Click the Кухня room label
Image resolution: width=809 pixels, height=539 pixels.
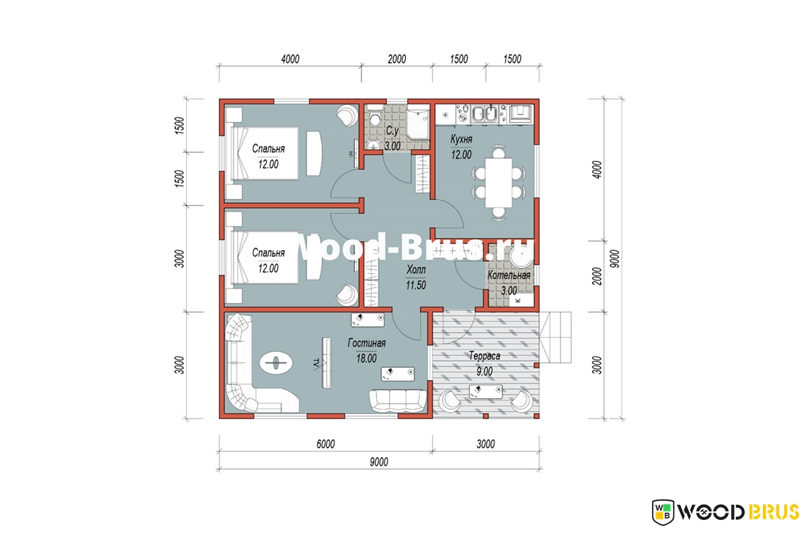pyautogui.click(x=461, y=139)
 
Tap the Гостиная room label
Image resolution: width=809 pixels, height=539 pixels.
pyautogui.click(x=367, y=343)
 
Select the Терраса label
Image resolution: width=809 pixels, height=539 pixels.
pyautogui.click(x=485, y=356)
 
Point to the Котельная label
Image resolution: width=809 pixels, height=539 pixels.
pyautogui.click(x=509, y=275)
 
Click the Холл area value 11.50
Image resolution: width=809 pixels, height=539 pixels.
pyautogui.click(x=415, y=285)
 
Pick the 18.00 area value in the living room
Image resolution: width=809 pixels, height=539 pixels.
pyautogui.click(x=367, y=358)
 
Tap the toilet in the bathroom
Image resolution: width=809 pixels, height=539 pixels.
pyautogui.click(x=375, y=115)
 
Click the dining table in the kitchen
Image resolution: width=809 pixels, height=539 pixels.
pyautogui.click(x=498, y=183)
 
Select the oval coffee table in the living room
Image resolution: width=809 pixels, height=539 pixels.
pyautogui.click(x=276, y=363)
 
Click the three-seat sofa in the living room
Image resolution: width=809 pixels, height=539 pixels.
pyautogui.click(x=398, y=401)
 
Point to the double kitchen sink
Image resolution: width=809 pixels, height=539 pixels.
pyautogui.click(x=485, y=113)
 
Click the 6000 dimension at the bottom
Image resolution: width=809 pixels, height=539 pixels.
pyautogui.click(x=326, y=444)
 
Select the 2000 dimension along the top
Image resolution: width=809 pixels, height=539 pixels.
pyautogui.click(x=397, y=59)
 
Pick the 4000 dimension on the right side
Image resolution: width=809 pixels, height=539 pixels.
pyautogui.click(x=598, y=169)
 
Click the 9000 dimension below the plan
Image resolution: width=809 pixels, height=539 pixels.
pyautogui.click(x=379, y=462)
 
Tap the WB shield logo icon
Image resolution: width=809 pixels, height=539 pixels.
pyautogui.click(x=663, y=512)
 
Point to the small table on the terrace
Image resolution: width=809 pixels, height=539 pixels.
pyautogui.click(x=486, y=391)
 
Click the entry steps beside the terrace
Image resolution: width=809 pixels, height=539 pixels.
pyautogui.click(x=555, y=337)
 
